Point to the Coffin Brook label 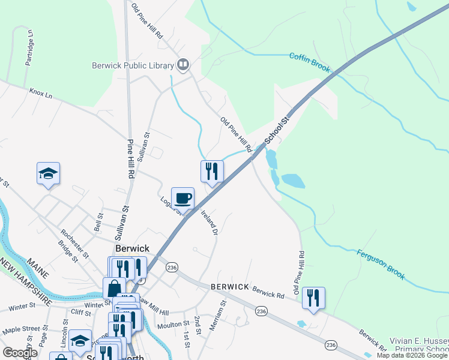pos(310,62)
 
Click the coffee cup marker pos(183,198)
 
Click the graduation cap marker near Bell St pos(49,174)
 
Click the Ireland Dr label pos(208,222)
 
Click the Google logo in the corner pos(20,353)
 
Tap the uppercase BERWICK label pos(229,287)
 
